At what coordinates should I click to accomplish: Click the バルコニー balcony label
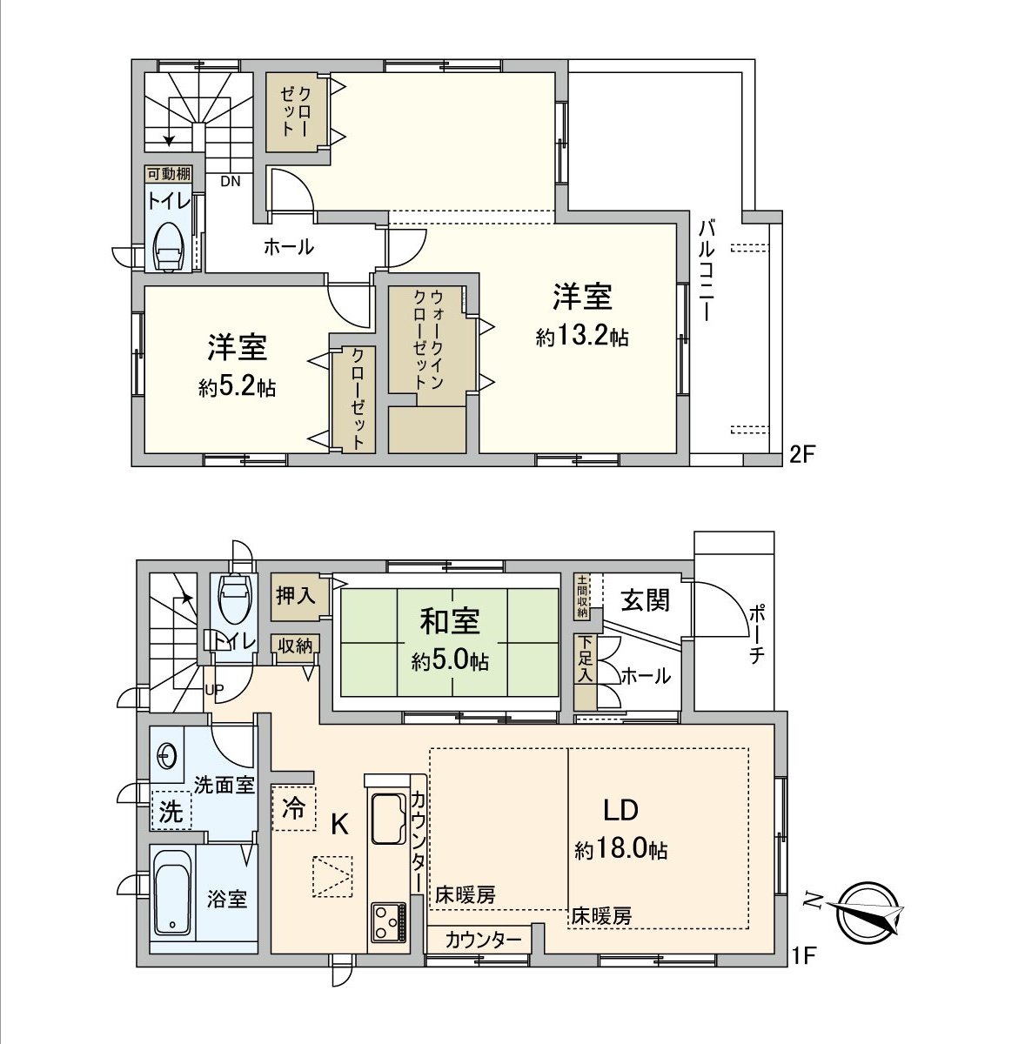707,271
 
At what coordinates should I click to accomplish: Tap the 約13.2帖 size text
582,337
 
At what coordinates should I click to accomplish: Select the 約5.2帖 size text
237,387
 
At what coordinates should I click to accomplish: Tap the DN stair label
230,182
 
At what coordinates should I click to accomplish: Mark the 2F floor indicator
801,453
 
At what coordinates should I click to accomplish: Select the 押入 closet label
295,596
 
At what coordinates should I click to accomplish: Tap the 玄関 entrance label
645,599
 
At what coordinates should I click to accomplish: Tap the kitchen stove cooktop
388,921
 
